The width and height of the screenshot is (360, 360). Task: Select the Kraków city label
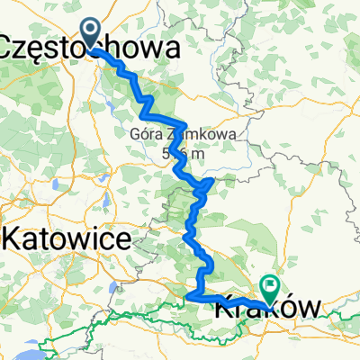click(x=267, y=309)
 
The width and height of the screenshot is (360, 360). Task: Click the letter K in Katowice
click(x=14, y=238)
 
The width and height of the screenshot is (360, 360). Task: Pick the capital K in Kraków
click(x=224, y=309)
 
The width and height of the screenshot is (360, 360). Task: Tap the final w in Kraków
click(x=307, y=309)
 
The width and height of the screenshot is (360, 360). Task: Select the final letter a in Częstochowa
click(x=167, y=47)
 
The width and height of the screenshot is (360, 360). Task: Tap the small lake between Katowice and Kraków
click(x=112, y=288)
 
